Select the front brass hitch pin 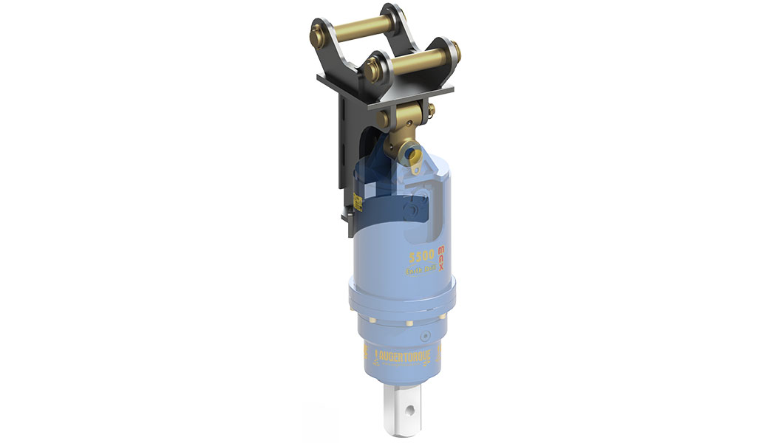(413, 62)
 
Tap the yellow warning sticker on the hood (357, 200)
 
